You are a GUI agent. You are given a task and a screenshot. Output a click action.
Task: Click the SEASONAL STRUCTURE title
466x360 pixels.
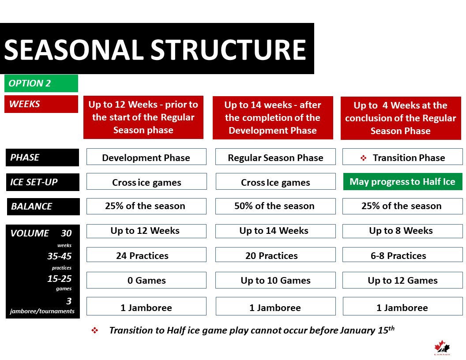point(155,49)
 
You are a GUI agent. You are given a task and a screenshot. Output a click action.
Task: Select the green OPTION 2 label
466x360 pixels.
point(41,83)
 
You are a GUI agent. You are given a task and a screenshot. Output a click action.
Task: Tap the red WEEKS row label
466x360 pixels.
point(41,104)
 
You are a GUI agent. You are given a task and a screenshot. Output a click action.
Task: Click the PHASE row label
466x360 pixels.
point(42,157)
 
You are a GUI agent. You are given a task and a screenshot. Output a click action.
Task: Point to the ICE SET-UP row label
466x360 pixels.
point(42,182)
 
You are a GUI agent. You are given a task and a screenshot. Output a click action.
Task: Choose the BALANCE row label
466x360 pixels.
point(42,206)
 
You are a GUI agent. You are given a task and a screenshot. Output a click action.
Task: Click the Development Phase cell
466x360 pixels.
point(146,157)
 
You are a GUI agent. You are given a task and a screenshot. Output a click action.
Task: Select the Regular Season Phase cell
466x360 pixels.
point(275,157)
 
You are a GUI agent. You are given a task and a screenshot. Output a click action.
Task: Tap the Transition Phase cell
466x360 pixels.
point(402,157)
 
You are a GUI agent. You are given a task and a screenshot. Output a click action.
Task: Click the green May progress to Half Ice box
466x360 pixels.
point(402,182)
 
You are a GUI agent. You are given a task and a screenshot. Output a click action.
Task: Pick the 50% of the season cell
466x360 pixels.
point(274,206)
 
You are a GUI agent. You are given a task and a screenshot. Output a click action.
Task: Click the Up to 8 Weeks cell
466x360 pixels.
point(401,231)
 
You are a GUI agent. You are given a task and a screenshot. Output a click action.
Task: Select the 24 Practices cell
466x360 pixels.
point(146,255)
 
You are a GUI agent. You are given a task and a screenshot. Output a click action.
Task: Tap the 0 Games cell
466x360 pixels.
point(146,280)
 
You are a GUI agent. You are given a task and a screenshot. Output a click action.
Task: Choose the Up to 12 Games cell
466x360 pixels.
point(402,280)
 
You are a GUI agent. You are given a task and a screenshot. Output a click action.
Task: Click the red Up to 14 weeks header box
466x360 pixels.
point(273,118)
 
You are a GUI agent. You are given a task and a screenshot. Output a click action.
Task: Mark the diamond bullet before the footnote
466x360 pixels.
point(94,330)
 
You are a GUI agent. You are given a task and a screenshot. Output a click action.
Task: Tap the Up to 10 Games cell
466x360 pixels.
point(275,280)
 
